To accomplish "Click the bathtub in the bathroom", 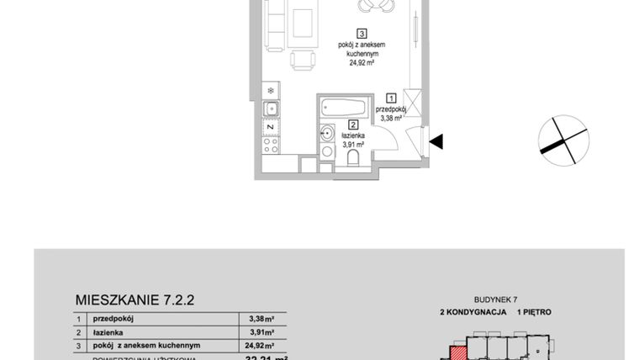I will (x=344, y=108).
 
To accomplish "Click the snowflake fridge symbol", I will (x=271, y=90).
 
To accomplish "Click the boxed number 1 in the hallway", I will (x=391, y=98).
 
